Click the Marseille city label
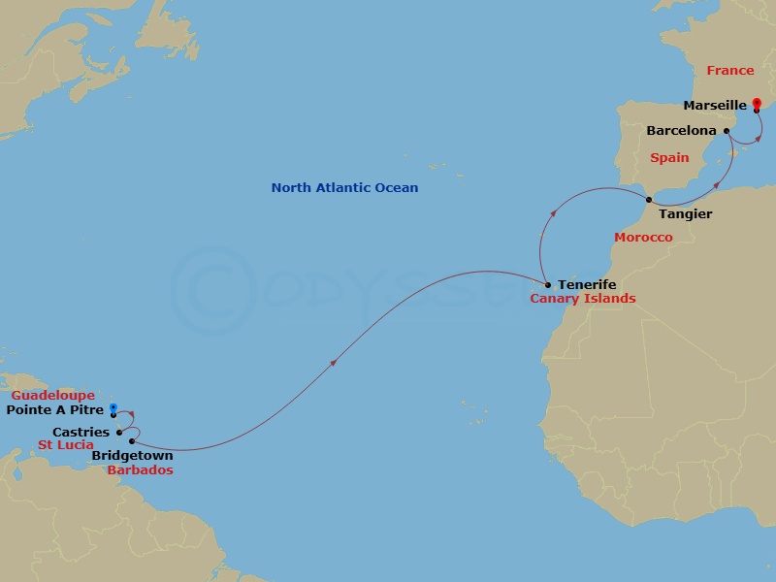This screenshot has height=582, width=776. click(715, 105)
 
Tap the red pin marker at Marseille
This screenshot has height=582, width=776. click(757, 104)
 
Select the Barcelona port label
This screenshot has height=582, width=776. click(682, 130)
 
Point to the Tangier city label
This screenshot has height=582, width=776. click(685, 213)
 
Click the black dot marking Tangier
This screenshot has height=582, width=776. click(648, 201)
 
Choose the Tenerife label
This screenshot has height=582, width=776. click(586, 285)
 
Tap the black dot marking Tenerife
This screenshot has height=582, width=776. click(548, 285)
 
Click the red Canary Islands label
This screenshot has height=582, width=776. click(583, 299)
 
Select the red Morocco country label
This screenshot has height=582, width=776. click(643, 238)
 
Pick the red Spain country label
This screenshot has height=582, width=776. click(669, 158)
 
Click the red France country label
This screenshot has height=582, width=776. click(729, 71)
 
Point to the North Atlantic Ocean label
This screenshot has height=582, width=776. click(344, 188)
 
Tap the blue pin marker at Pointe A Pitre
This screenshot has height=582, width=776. click(113, 409)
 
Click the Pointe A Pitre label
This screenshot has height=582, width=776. click(57, 410)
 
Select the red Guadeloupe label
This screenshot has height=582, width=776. click(53, 396)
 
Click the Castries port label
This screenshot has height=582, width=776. click(81, 433)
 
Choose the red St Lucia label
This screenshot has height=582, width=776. click(66, 445)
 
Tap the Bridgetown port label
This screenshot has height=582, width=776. click(133, 456)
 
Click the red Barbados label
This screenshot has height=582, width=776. click(142, 470)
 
